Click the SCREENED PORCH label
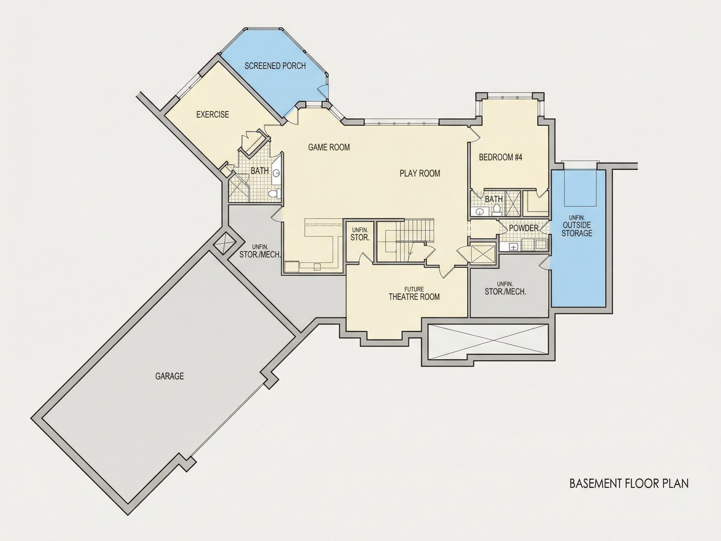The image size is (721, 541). pyautogui.click(x=275, y=66)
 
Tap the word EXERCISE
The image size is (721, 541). pyautogui.click(x=212, y=115)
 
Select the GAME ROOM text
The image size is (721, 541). pyautogui.click(x=329, y=147)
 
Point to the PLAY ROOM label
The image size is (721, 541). pyautogui.click(x=420, y=173)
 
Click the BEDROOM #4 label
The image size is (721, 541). pyautogui.click(x=500, y=157)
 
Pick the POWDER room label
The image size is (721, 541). pyautogui.click(x=524, y=228)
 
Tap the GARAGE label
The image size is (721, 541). pyautogui.click(x=170, y=376)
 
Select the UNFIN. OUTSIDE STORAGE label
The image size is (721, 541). pyautogui.click(x=577, y=226)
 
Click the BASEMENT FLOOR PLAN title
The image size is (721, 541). pyautogui.click(x=629, y=483)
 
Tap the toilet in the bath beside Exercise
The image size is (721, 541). pyautogui.click(x=274, y=194)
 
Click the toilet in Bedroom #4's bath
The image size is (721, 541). pyautogui.click(x=497, y=209)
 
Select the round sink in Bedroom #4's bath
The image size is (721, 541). pyautogui.click(x=479, y=212)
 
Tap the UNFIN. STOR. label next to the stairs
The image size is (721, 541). pyautogui.click(x=360, y=234)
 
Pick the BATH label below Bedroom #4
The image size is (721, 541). pyautogui.click(x=493, y=199)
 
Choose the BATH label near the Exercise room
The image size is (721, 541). pyautogui.click(x=259, y=171)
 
